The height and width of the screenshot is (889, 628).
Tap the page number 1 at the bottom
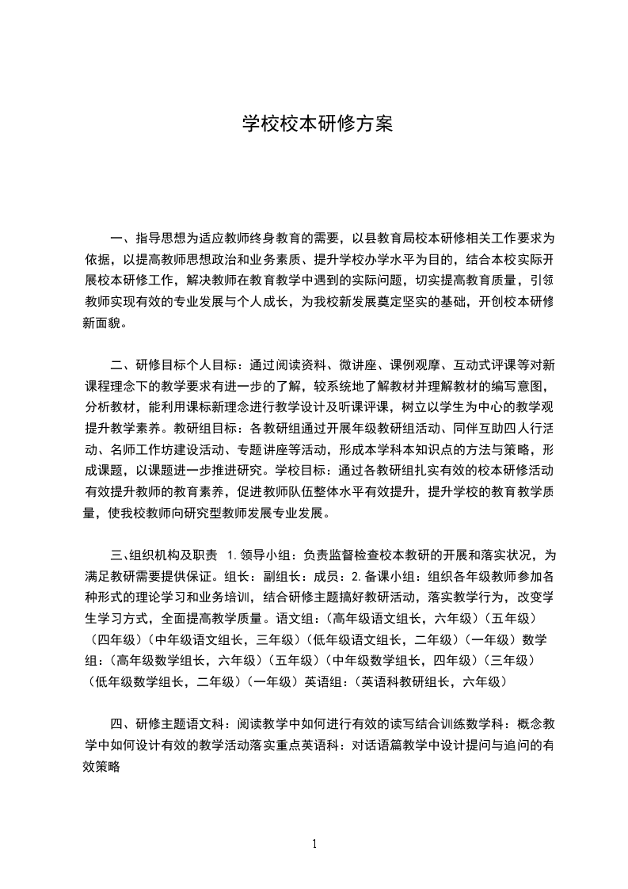pyautogui.click(x=314, y=844)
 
